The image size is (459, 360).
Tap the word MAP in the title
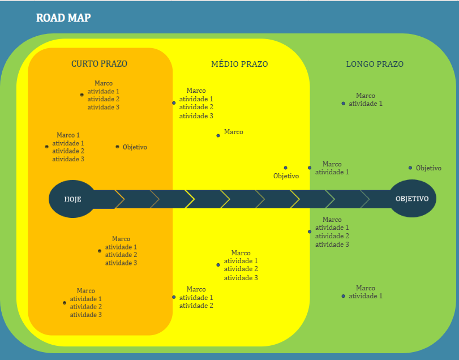[x=78, y=18]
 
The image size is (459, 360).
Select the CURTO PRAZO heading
[x=99, y=64]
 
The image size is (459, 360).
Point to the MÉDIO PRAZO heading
[x=239, y=64]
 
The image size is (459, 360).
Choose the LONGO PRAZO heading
[x=375, y=64]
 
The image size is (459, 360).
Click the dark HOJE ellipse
[x=72, y=199]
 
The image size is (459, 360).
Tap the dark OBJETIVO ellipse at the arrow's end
[x=412, y=199]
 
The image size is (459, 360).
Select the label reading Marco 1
[x=68, y=135]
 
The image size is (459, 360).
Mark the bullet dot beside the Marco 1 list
[x=47, y=147]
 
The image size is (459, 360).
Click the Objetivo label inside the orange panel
[x=135, y=147]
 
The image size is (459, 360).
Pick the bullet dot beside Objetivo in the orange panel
[x=118, y=147]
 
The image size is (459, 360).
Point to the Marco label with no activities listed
[x=234, y=132]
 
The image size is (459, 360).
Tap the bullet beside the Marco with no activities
[x=218, y=135]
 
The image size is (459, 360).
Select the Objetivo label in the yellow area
[x=286, y=176]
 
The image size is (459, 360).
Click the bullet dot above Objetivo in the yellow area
[x=285, y=168]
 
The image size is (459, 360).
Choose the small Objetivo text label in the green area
[x=428, y=168]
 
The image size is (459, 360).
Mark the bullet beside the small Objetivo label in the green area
[x=410, y=168]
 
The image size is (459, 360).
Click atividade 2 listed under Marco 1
[x=68, y=151]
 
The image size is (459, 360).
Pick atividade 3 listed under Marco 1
[x=68, y=159]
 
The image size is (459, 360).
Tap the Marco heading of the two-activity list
[x=196, y=289]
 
